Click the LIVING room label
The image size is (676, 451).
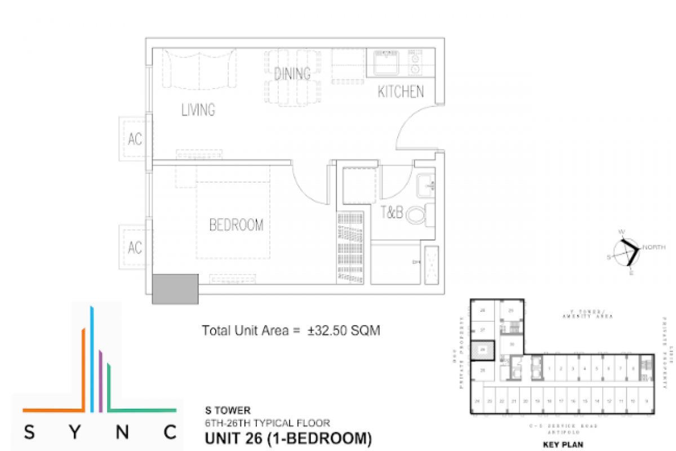point(198,109)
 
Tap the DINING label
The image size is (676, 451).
point(292,73)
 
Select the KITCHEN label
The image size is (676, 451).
point(401,92)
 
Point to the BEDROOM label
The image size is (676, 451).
point(236,225)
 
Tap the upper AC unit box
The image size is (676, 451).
point(135,139)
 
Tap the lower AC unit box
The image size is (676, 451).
point(135,247)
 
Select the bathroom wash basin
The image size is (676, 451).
point(425,184)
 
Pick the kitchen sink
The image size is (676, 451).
point(384,62)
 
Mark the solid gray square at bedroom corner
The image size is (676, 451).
point(175,288)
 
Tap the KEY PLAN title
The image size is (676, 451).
point(563,444)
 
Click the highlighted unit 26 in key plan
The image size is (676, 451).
point(483,350)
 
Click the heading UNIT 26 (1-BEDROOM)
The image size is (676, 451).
point(288,437)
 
